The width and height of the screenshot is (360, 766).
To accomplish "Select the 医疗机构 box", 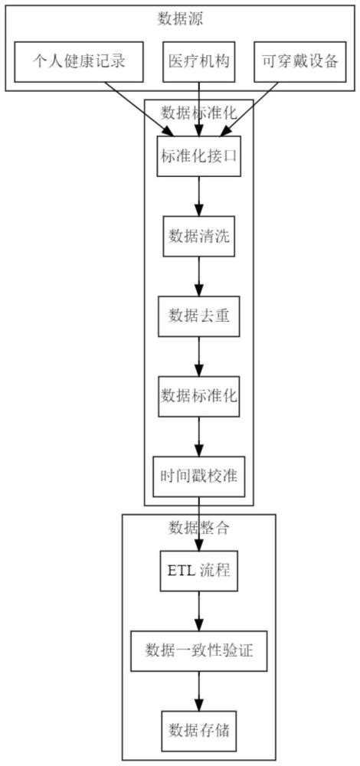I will (x=198, y=62).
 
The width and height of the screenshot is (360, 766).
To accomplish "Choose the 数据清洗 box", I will (x=198, y=237).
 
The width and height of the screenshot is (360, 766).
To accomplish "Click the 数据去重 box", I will (x=198, y=316).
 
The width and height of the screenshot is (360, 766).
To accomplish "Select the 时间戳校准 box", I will (x=198, y=475).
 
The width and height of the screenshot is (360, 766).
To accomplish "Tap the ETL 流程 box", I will (x=198, y=571).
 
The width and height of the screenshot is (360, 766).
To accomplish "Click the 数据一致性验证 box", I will (x=198, y=650).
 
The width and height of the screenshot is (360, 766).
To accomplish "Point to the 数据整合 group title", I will (x=198, y=527).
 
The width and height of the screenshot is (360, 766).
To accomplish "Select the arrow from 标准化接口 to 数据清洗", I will (x=198, y=197).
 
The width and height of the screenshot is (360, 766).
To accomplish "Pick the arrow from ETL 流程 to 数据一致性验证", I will (x=198, y=611).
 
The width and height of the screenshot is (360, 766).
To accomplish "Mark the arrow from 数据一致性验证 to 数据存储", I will (x=198, y=690).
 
